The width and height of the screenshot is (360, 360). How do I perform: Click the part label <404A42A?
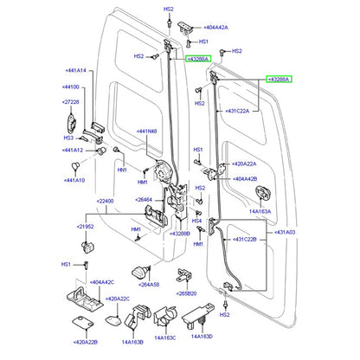[x=213, y=29]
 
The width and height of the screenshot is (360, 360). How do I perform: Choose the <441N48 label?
[x=148, y=132]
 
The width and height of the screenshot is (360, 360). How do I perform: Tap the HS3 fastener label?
[x=67, y=138]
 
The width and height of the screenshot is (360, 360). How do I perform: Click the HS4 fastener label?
[x=196, y=221]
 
